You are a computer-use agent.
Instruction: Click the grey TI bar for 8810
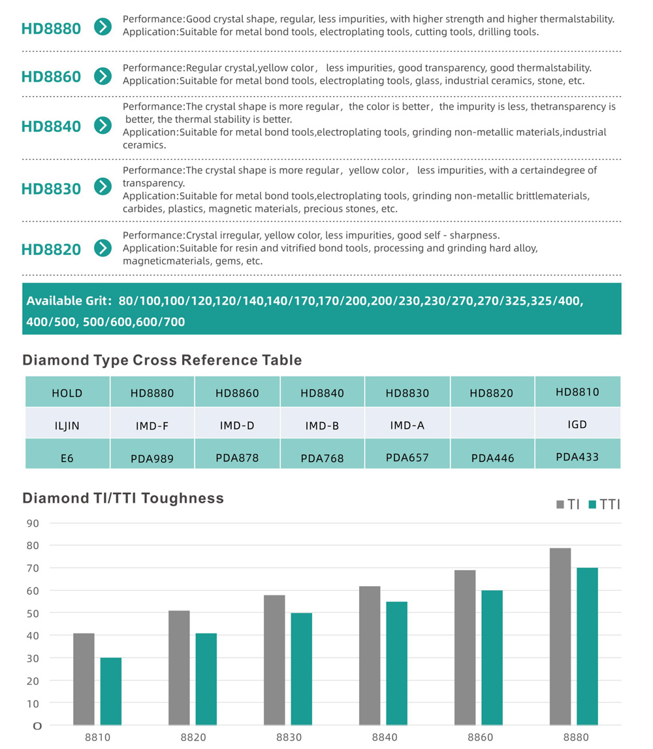pos(84,679)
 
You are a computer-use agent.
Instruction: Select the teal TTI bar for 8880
pos(587,646)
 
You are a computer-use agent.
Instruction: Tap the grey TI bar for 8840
pos(370,656)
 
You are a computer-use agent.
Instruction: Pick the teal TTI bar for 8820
pos(206,679)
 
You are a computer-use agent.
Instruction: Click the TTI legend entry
pos(604,505)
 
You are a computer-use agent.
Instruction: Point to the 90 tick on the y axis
pos(33,523)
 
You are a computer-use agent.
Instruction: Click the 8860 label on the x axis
pos(480,737)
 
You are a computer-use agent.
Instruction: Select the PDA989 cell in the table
pos(152,459)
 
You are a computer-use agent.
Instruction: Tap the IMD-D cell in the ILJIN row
pos(237,425)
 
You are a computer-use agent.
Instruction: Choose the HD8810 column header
pos(578,391)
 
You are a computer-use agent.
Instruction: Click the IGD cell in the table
pos(578,424)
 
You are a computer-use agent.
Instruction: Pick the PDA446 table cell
pos(492,458)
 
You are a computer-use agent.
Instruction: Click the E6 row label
pos(67,458)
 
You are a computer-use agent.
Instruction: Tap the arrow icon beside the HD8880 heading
pos(103,27)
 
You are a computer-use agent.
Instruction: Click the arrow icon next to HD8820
pos(103,248)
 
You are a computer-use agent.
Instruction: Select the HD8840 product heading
pos(51,127)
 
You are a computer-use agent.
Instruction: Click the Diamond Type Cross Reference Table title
pos(163,360)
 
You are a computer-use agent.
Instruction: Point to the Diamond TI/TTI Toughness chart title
pos(123,498)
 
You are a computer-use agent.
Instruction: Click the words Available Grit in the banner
pos(69,301)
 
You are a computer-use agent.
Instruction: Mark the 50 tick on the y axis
pos(33,613)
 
